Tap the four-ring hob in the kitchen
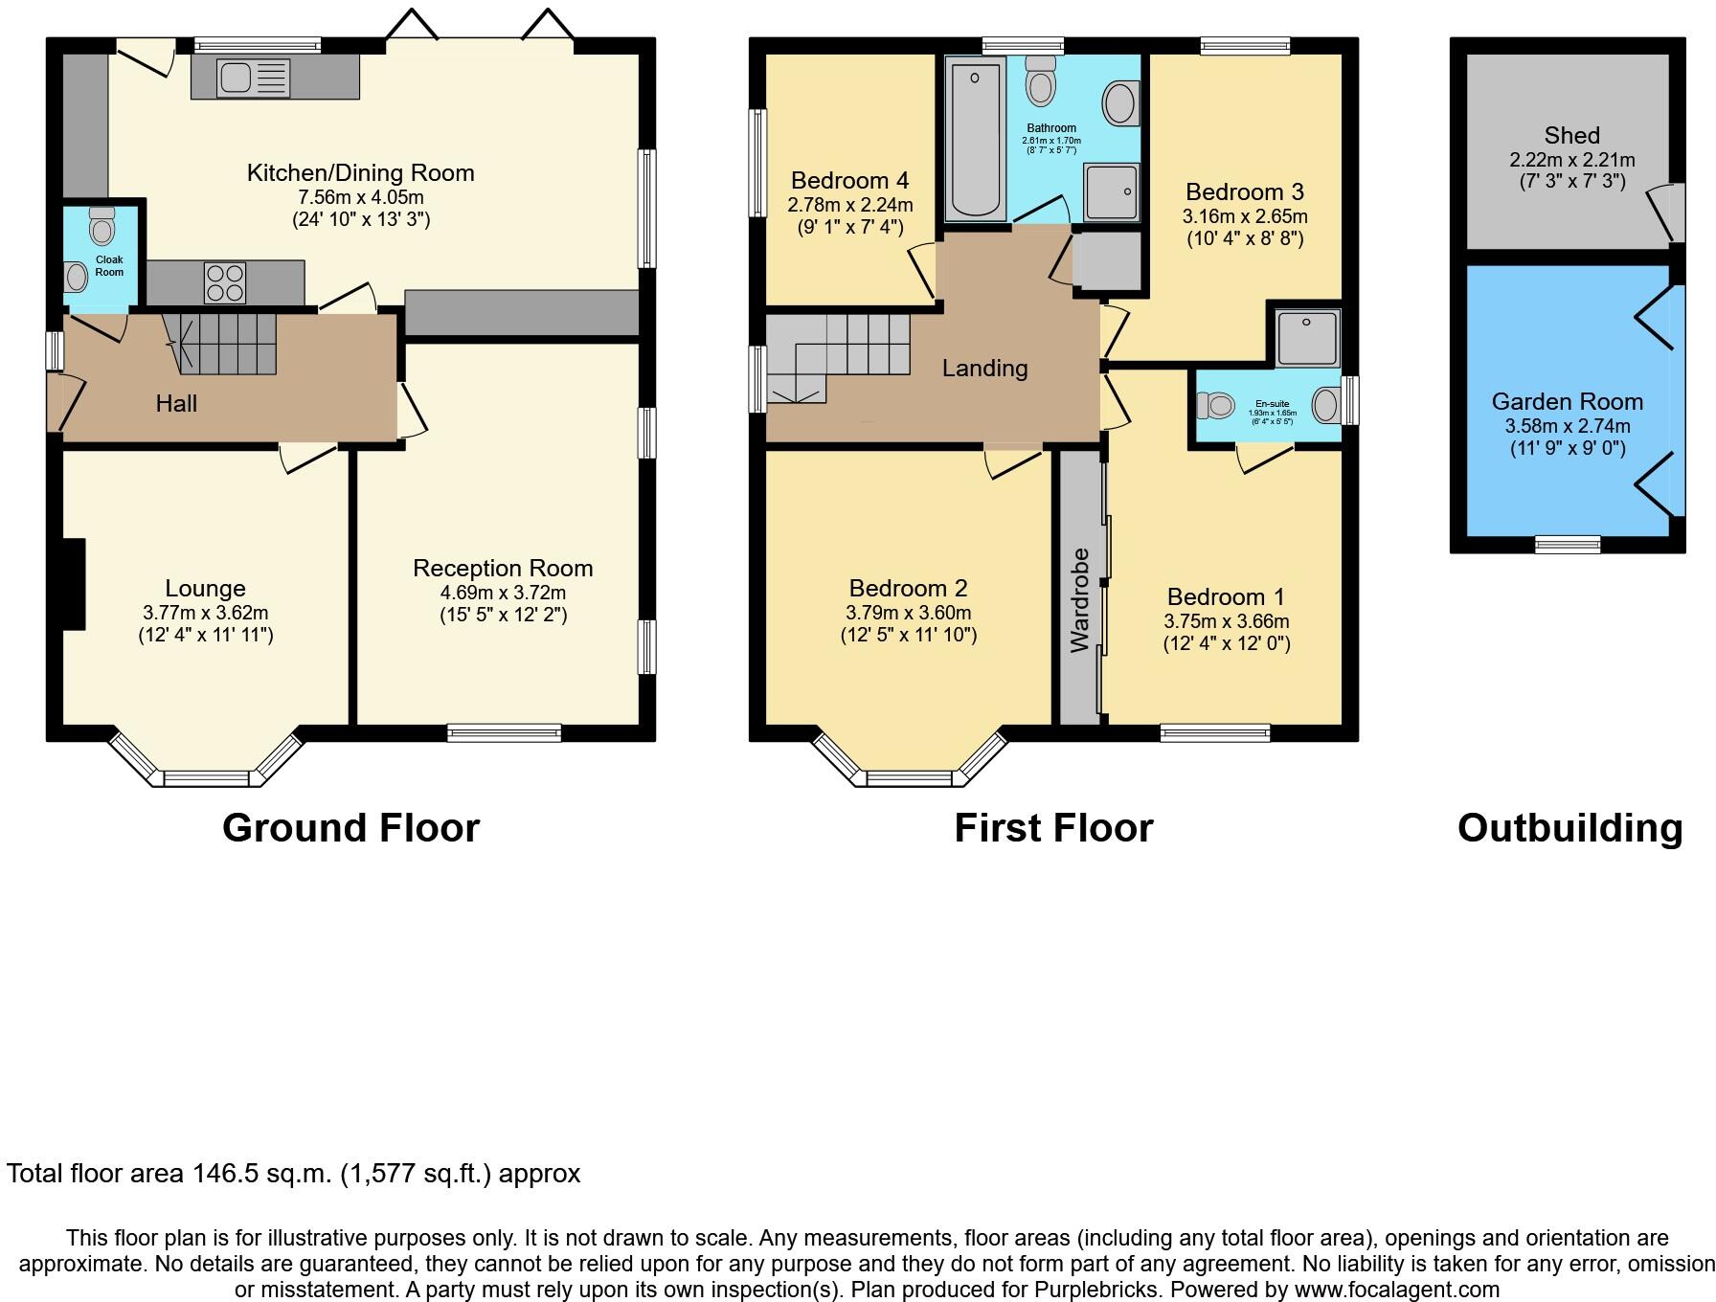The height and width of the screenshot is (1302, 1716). tap(224, 281)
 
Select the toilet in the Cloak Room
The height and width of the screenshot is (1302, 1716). tap(101, 227)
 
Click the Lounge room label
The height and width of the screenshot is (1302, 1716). tap(205, 589)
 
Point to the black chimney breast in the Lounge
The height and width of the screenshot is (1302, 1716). tap(74, 584)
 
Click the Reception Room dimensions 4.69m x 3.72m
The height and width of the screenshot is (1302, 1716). tap(503, 593)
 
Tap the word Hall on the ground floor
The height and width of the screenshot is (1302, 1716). tap(176, 404)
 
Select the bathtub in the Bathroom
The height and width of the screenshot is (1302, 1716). tap(976, 140)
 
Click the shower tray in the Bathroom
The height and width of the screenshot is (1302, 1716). tap(1113, 191)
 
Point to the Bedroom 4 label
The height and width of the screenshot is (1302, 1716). tap(849, 181)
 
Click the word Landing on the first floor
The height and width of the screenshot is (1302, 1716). tap(984, 369)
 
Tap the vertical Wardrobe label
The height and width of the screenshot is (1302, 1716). tap(1080, 600)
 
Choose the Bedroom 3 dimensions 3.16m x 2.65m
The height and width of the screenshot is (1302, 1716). tap(1245, 216)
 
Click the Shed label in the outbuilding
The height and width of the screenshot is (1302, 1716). tap(1571, 136)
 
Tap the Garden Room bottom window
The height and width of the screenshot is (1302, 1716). tap(1568, 544)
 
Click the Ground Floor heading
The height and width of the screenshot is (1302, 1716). tap(350, 828)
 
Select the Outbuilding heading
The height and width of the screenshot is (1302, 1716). tap(1569, 828)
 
